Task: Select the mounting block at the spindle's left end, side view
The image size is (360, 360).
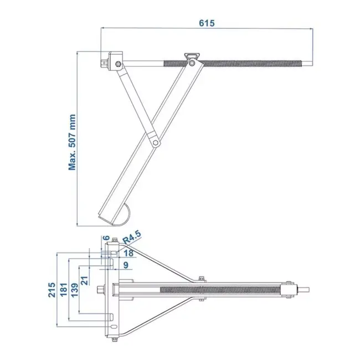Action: (115, 60)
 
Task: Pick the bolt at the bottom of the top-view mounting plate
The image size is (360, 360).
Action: (113, 341)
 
